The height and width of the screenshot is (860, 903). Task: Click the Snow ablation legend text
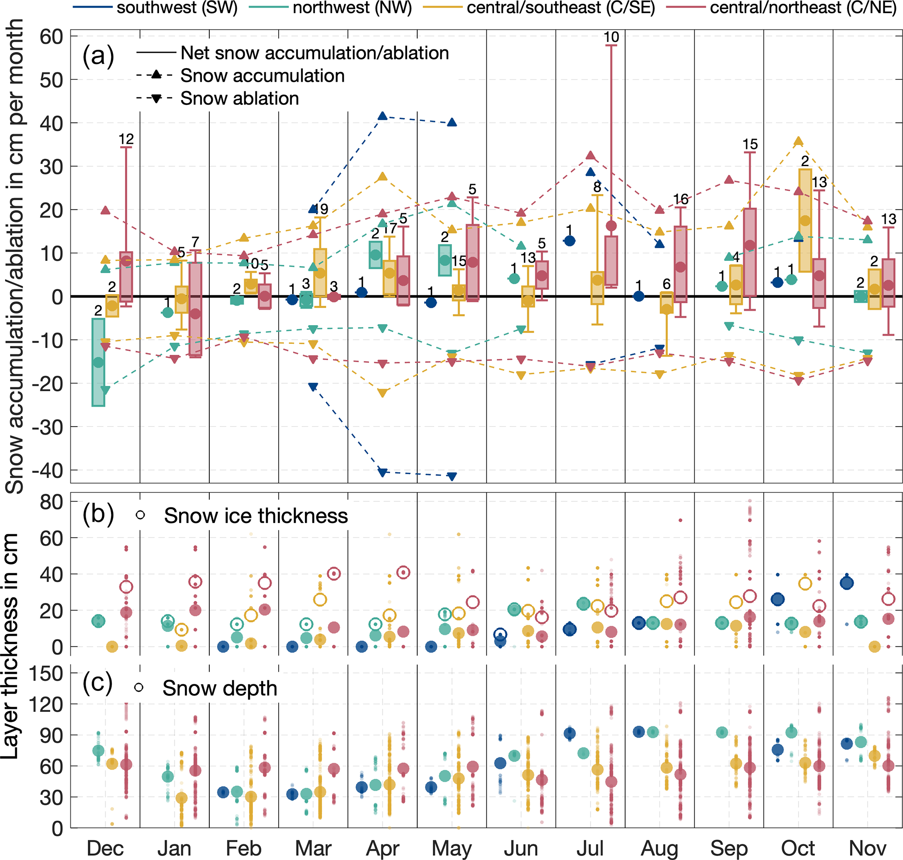[x=239, y=99]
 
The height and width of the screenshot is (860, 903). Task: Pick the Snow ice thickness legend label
[x=256, y=516]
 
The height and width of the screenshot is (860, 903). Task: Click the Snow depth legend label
[x=220, y=689]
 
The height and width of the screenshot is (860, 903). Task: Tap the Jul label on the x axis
[x=590, y=848]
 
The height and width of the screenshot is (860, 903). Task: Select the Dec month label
[x=105, y=848]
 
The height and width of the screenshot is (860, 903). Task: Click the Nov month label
[x=867, y=848]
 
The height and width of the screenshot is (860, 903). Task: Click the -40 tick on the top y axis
[x=48, y=470]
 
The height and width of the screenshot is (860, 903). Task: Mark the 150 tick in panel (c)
[x=46, y=673]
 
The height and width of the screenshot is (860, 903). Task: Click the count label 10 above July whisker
[x=611, y=37]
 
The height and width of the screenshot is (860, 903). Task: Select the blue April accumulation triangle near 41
[x=383, y=116]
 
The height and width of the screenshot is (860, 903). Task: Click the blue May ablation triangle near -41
[x=452, y=477]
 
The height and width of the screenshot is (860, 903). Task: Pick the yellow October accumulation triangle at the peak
[x=799, y=141]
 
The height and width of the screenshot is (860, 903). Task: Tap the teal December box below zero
[x=98, y=362]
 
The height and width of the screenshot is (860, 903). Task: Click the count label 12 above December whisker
[x=126, y=139]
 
